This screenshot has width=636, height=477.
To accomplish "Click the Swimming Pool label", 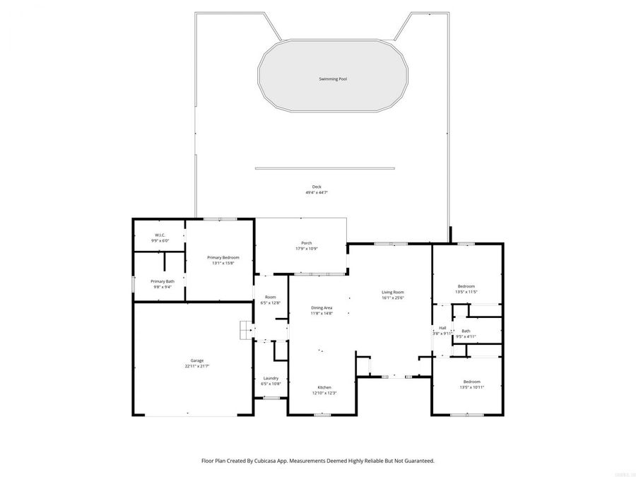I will click(x=332, y=79).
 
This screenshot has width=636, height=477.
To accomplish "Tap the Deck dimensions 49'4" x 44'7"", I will click(x=317, y=193).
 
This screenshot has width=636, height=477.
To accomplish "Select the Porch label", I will click(x=307, y=243).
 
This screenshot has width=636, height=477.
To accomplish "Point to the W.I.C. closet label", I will click(x=160, y=235).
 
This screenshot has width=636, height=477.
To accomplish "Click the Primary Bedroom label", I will click(x=223, y=258).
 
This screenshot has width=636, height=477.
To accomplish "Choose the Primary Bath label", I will click(x=162, y=281).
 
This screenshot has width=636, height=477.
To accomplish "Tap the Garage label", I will click(x=197, y=360).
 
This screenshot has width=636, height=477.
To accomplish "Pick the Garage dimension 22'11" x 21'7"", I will click(x=197, y=366).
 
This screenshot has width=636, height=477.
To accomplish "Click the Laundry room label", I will click(x=271, y=378).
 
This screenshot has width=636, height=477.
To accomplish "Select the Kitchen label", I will click(x=324, y=387).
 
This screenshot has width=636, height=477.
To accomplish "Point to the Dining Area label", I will click(x=322, y=307).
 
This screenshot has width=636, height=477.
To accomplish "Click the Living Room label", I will click(x=392, y=292).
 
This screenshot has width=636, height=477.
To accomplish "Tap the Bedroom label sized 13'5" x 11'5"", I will click(x=466, y=286).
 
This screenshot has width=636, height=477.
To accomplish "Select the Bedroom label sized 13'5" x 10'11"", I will click(x=471, y=382).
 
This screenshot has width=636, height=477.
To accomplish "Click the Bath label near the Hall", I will click(x=466, y=331).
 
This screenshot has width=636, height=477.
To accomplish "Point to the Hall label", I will click(x=442, y=328).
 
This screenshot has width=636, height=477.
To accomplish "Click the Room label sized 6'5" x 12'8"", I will click(x=271, y=297).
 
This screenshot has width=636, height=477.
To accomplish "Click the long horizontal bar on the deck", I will click(x=326, y=168).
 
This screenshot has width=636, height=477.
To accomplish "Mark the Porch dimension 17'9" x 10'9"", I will click(x=307, y=249).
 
